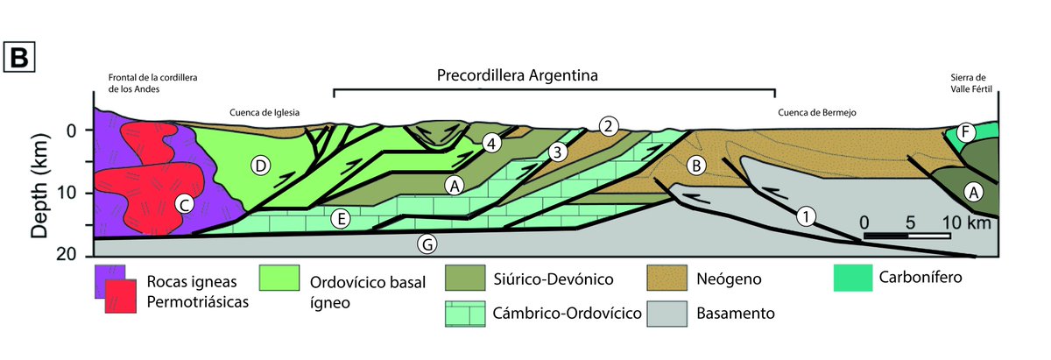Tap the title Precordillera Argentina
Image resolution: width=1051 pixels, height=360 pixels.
[x=517, y=75]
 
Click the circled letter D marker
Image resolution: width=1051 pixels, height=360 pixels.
[x=259, y=164]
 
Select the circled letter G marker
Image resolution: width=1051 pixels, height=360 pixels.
[x=427, y=244]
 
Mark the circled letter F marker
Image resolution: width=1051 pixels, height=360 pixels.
[x=965, y=133]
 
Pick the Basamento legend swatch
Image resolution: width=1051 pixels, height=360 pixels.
[x=670, y=311]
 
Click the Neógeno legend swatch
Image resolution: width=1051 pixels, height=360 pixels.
[x=670, y=279]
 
